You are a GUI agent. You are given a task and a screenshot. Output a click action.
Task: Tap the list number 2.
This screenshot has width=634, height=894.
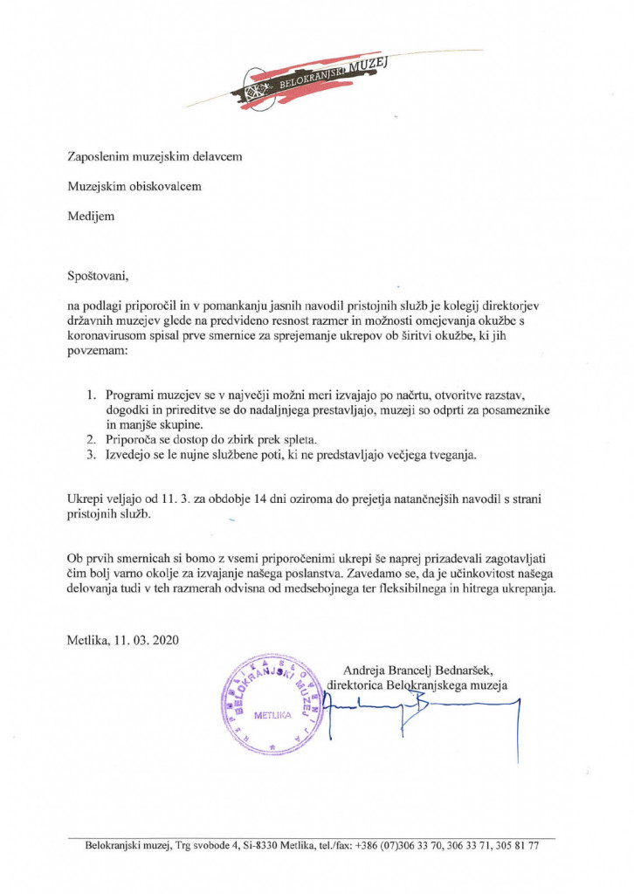(x=91, y=439)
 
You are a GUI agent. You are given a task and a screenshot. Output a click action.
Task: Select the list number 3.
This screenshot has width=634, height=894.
(x=91, y=455)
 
